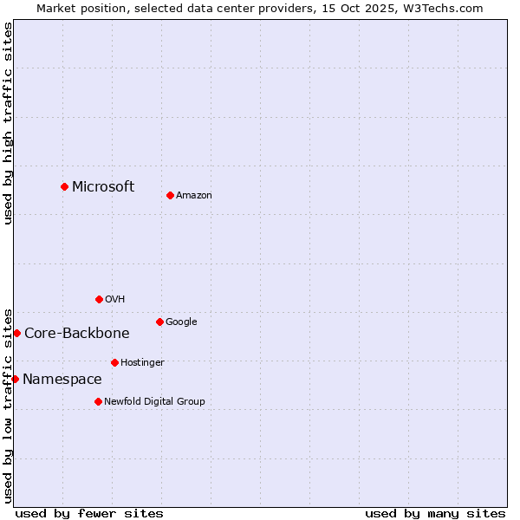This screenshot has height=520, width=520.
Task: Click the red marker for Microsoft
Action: coord(64,186)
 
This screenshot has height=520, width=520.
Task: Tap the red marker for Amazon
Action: coord(170,195)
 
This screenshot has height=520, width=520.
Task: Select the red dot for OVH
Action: coord(99,299)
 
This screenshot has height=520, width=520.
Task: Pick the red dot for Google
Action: coord(159,322)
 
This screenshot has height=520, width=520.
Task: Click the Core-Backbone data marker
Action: coord(16,333)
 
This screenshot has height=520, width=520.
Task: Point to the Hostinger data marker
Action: coord(114,362)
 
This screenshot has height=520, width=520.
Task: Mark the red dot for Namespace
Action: coord(15,379)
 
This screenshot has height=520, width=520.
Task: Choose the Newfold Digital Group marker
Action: coord(98,401)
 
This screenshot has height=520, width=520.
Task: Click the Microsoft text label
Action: coord(103,186)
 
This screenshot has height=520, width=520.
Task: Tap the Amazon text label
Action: coord(194,196)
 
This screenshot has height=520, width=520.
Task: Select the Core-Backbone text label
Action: coord(77,333)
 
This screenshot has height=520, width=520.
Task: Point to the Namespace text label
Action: coord(62,379)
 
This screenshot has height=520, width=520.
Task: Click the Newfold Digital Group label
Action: coord(155,402)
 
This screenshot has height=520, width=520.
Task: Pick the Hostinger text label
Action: coord(142,363)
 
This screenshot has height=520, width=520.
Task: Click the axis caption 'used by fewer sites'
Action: coord(89,513)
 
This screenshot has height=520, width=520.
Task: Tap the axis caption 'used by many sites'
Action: coord(435,513)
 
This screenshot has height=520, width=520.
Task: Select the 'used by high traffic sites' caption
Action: coord(8,123)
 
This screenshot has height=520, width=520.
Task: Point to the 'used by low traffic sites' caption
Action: coord(8,405)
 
